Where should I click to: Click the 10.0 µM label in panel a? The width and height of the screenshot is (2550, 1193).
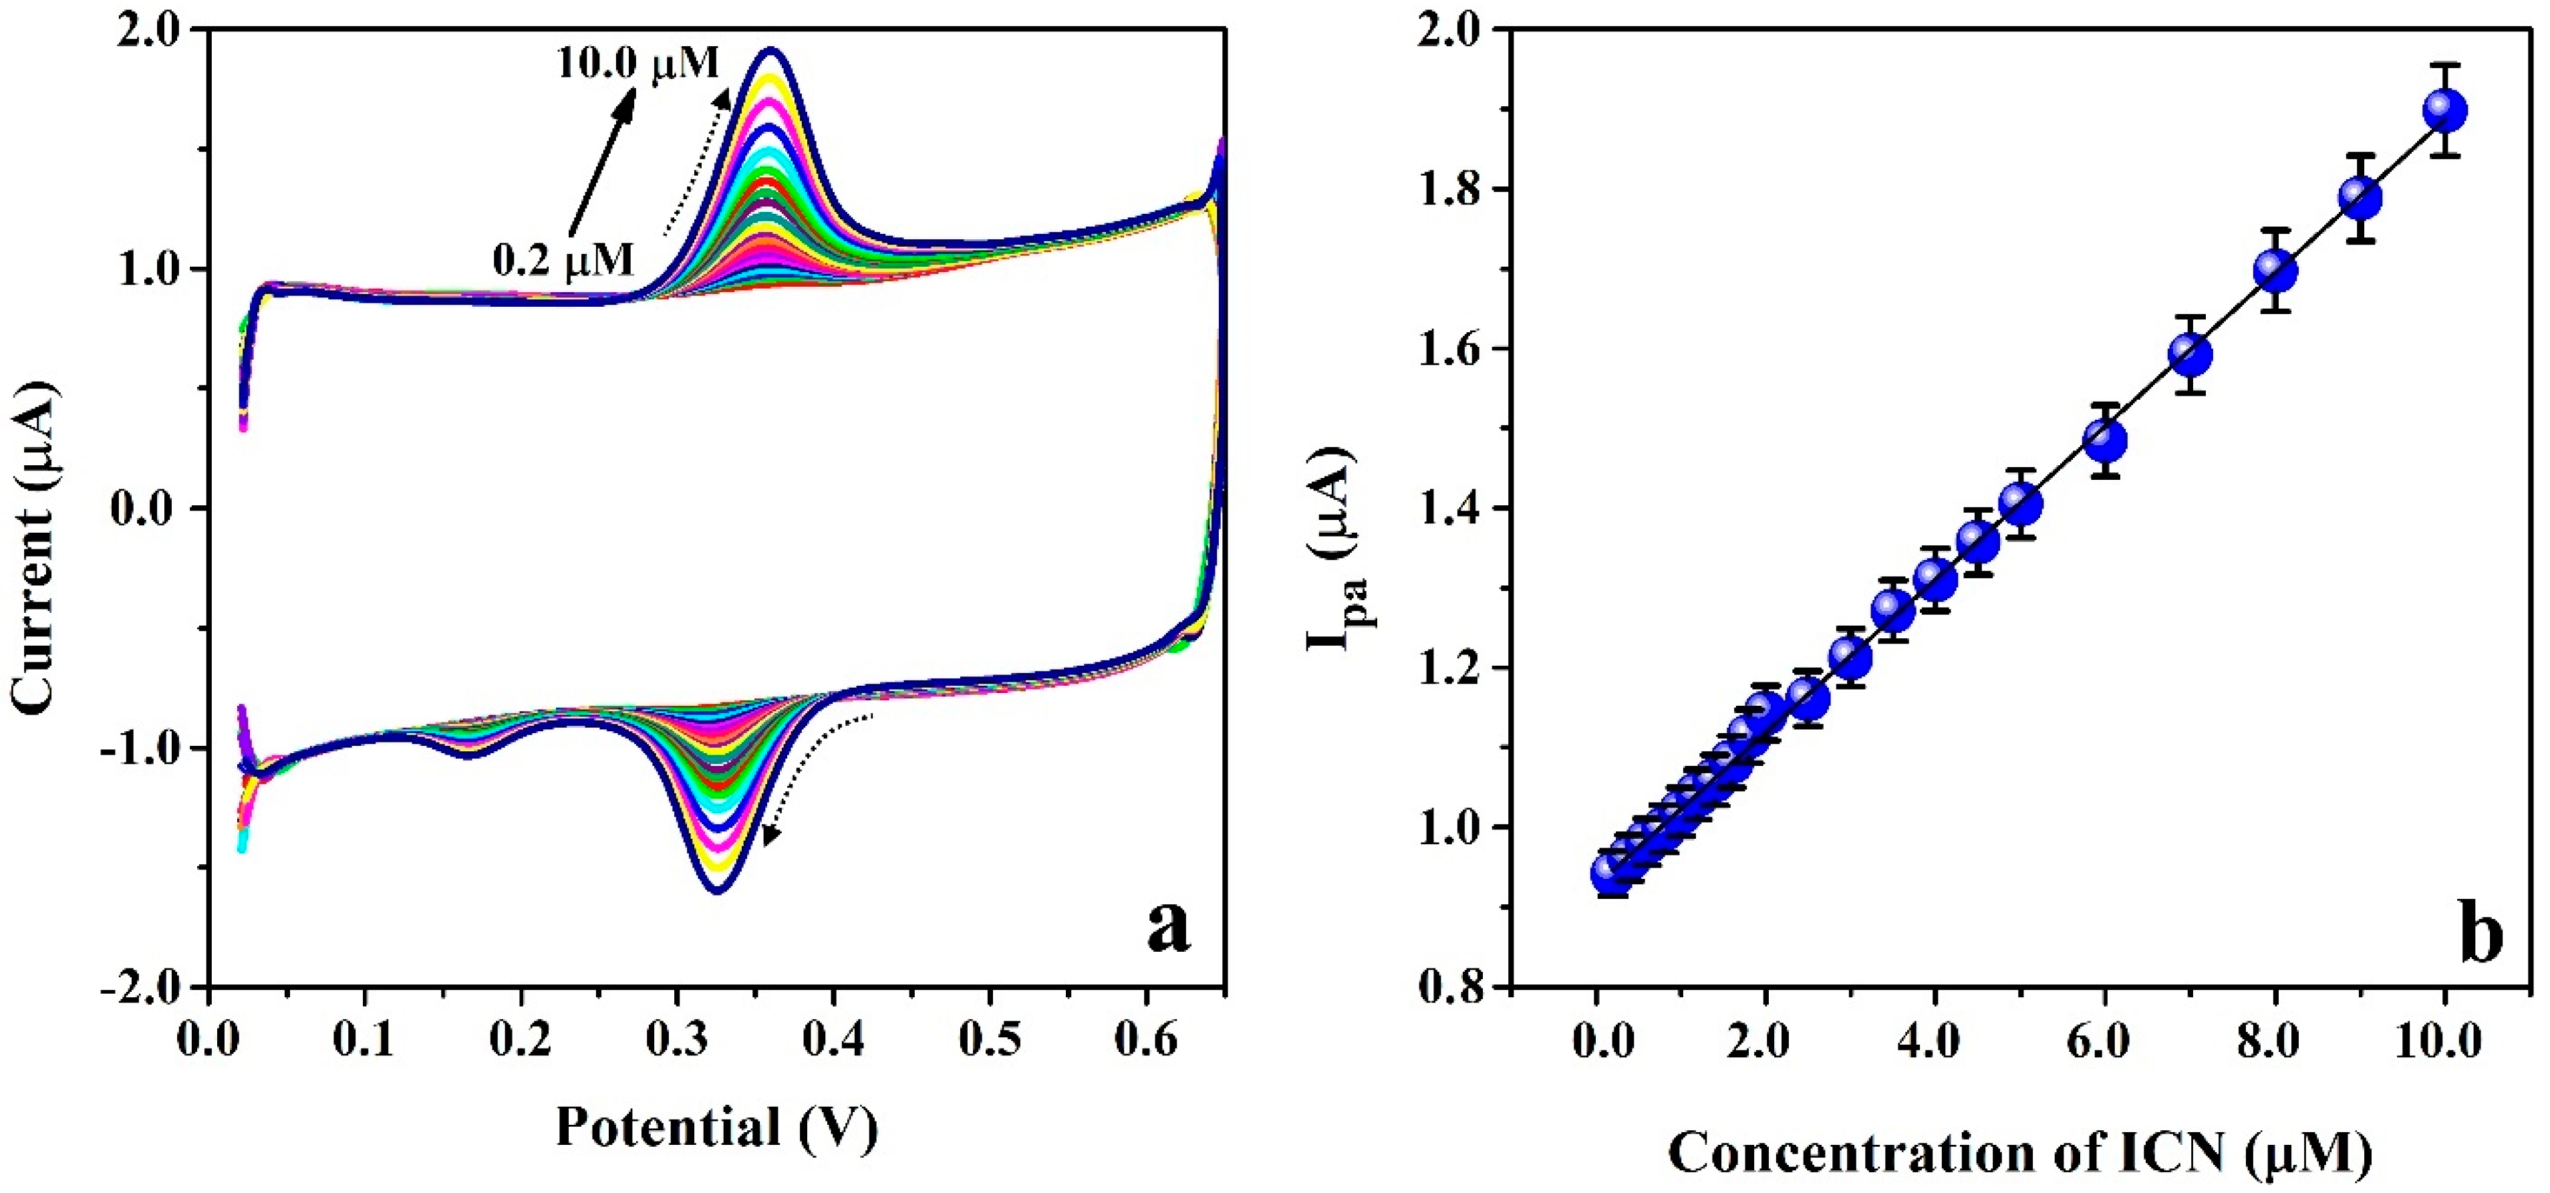pos(637,64)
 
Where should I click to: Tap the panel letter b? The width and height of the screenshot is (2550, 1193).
pos(2481,934)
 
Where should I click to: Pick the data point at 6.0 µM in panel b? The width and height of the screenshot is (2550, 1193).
pos(2104,440)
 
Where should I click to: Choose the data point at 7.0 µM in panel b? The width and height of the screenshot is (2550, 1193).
pos(2190,354)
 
